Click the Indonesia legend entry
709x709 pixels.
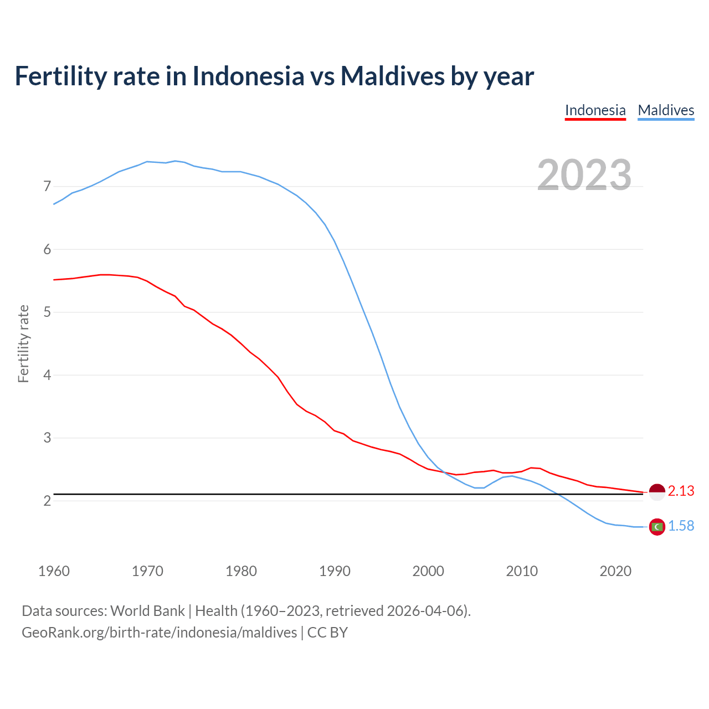coord(595,110)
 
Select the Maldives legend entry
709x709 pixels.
coord(666,110)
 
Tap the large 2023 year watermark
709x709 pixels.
coord(584,175)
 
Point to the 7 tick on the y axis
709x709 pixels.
coord(47,187)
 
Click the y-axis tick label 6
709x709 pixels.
coord(47,249)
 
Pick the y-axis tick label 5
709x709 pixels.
coord(47,312)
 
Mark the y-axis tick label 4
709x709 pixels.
coord(47,375)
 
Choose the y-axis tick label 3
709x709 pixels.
coord(47,438)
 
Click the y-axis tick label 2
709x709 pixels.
coord(47,501)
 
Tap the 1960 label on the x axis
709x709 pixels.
coord(54,571)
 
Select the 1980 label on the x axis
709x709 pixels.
coord(241,571)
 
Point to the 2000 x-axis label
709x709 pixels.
coord(428,571)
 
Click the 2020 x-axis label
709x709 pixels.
coord(615,571)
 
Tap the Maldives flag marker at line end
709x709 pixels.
coord(657,527)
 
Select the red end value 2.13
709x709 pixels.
coord(681,491)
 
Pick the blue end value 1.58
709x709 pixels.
coord(681,526)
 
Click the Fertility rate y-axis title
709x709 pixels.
coord(23,343)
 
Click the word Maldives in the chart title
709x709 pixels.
coord(392,76)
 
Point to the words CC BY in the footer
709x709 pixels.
coord(327,633)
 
